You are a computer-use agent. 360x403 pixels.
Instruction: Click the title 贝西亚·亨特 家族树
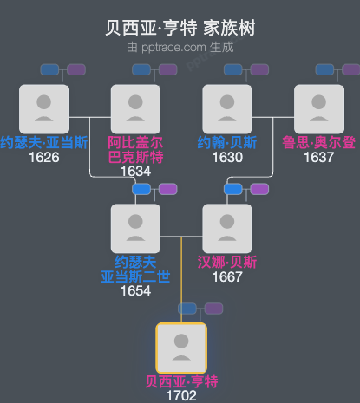coord(180,29)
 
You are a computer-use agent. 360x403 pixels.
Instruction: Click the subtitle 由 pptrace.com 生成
coord(180,47)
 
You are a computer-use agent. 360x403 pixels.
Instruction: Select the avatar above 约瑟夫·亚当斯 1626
coord(43,109)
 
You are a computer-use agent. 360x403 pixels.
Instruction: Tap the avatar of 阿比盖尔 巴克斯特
coord(135,109)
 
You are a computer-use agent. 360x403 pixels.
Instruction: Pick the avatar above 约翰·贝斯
coord(226,109)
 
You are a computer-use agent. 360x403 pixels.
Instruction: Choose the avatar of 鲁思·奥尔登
coord(318,109)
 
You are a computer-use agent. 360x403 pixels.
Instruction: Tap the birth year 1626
coord(43,158)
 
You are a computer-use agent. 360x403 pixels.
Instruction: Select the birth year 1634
coord(135,171)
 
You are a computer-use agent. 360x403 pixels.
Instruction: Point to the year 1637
coord(318,158)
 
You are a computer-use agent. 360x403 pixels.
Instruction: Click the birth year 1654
coord(135,290)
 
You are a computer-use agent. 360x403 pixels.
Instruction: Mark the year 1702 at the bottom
coord(180,395)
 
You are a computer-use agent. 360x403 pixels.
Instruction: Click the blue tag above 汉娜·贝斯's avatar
coord(233,189)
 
